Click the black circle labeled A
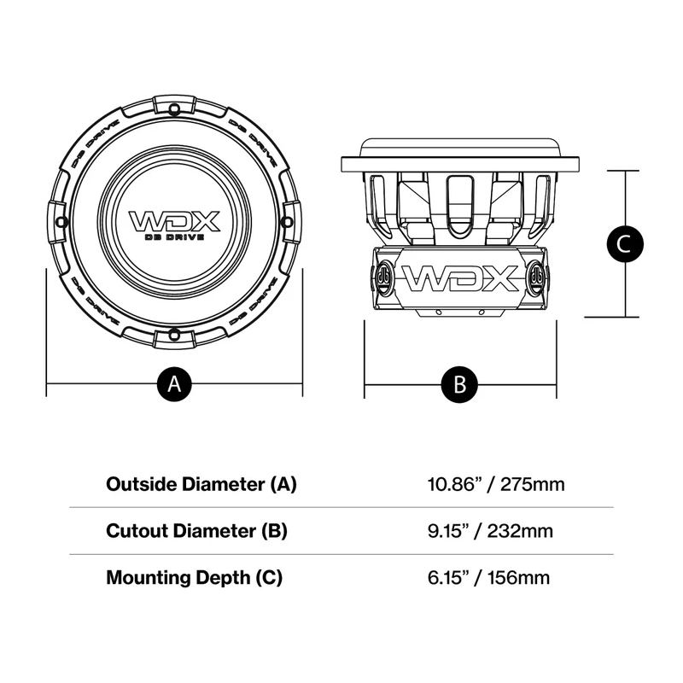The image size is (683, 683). click(174, 384)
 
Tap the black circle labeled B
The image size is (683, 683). click(459, 384)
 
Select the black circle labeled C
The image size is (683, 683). click(624, 244)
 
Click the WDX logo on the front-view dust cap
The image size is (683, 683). click(174, 220)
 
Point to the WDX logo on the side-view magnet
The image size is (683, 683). click(460, 278)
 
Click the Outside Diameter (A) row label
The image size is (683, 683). click(201, 484)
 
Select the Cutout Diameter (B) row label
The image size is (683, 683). click(196, 531)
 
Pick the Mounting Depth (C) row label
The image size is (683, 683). click(194, 577)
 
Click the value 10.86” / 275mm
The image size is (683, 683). click(495, 485)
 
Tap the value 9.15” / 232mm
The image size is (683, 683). click(490, 531)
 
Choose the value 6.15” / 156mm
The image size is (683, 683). click(488, 577)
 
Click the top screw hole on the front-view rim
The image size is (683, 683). click(174, 108)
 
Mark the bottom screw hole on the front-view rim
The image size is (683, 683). click(174, 333)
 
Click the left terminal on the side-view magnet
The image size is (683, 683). click(383, 277)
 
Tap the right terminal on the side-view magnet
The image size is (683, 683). click(537, 277)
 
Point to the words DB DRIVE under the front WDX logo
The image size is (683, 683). click(174, 236)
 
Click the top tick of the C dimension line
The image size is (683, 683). click(624, 171)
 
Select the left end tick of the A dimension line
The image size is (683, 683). click(45, 384)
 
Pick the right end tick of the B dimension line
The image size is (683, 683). click(557, 384)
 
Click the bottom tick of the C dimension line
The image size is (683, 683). click(624, 318)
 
